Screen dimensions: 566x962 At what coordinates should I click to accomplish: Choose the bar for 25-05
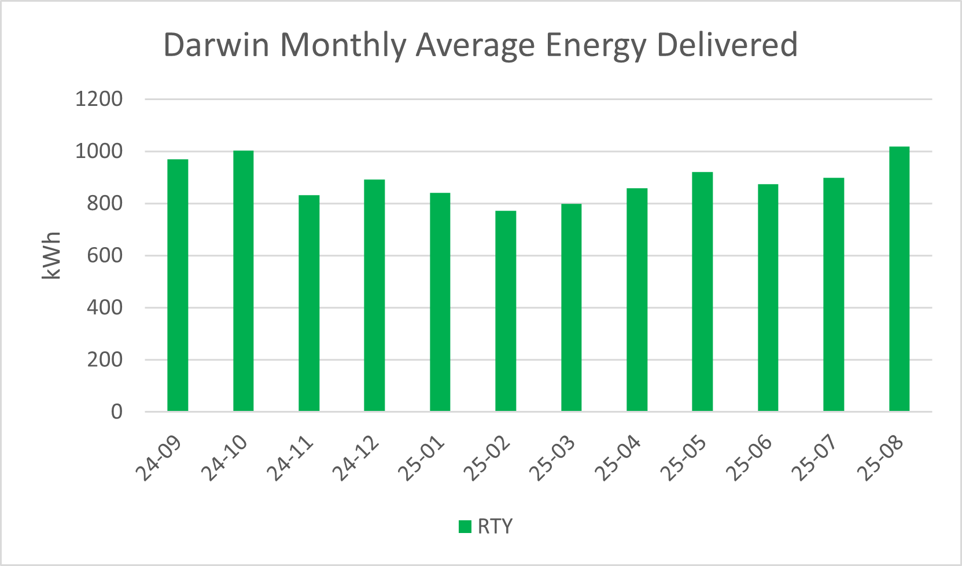pyautogui.click(x=702, y=292)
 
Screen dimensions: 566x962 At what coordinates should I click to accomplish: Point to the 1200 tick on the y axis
pyautogui.click(x=99, y=99)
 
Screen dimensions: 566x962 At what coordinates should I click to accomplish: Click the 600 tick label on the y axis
pyautogui.click(x=105, y=255)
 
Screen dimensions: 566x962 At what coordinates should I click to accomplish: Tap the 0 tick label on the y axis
pyautogui.click(x=116, y=411)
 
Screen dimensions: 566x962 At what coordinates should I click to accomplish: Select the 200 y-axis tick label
pyautogui.click(x=105, y=359)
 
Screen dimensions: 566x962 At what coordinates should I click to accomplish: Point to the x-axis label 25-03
pyautogui.click(x=553, y=458)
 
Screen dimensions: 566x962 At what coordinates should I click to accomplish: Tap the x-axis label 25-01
pyautogui.click(x=422, y=458)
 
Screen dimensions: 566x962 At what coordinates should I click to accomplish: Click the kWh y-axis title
pyautogui.click(x=52, y=255)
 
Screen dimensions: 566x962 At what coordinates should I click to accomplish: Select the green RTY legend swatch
pyautogui.click(x=465, y=527)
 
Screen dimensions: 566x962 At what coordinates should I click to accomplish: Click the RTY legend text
pyautogui.click(x=495, y=527)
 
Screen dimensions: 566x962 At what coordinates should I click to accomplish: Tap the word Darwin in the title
pyautogui.click(x=216, y=45)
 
